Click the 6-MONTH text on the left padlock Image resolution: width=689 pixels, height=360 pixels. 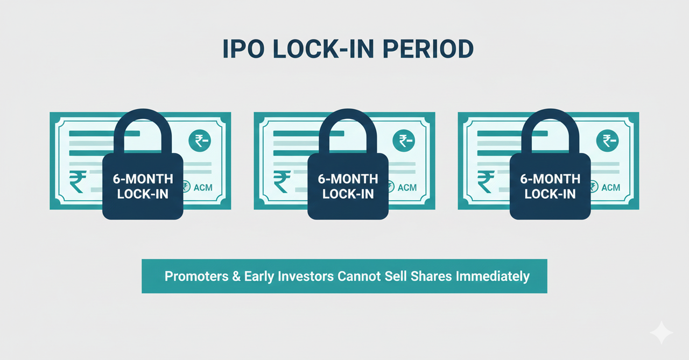click(x=143, y=179)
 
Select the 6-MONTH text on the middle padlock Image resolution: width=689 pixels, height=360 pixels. click(x=348, y=179)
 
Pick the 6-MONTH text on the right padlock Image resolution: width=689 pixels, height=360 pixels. click(x=550, y=179)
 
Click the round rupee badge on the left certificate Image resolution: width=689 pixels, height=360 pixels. click(x=200, y=141)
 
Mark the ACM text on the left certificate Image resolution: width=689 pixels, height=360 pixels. click(x=203, y=187)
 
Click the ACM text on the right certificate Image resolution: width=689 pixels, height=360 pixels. click(x=611, y=187)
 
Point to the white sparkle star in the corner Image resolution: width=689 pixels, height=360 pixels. click(x=662, y=333)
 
